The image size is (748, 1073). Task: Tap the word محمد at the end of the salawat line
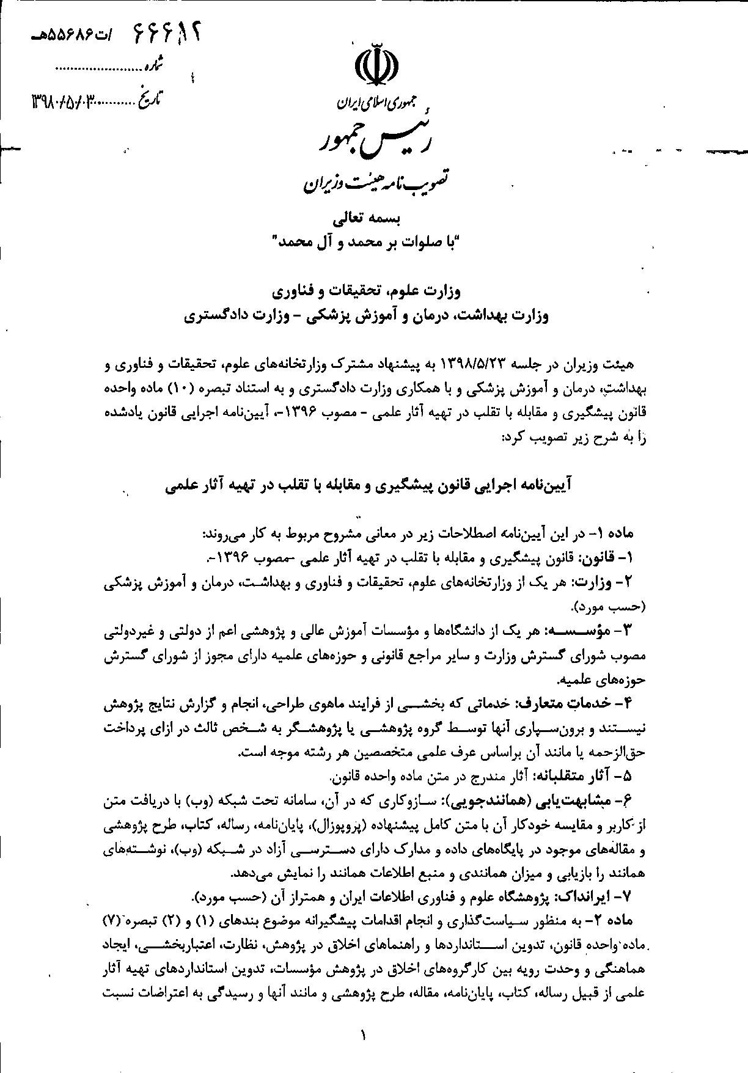pos(294,243)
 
